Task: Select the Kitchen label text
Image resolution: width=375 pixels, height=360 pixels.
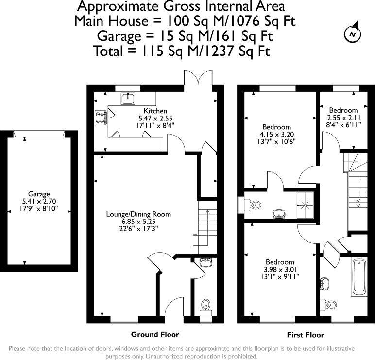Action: (x=155, y=111)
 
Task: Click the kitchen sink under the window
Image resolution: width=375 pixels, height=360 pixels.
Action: (x=128, y=99)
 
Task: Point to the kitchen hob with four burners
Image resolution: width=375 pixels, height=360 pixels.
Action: (x=101, y=117)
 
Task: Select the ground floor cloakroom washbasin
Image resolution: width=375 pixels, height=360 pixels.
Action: (x=206, y=263)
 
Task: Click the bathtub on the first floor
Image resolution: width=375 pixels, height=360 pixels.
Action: (x=359, y=278)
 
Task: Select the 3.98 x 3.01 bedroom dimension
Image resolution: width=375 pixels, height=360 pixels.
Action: (x=280, y=270)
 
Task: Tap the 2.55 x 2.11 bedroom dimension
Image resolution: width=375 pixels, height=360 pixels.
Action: (x=342, y=118)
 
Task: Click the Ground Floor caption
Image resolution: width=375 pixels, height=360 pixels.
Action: (x=155, y=335)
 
